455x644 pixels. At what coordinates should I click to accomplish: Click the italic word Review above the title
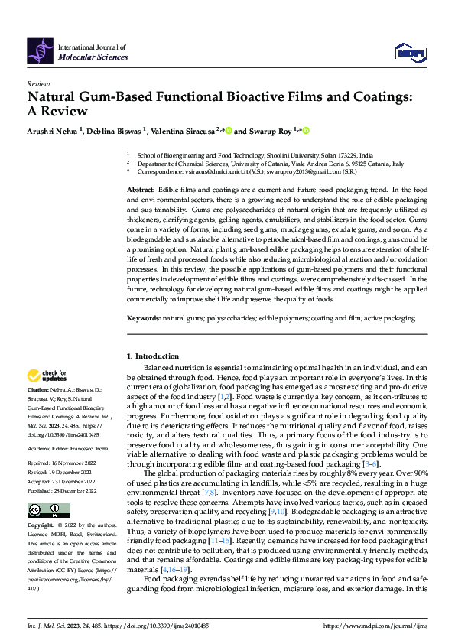(x=38, y=83)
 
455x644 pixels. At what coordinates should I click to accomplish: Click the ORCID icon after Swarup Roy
(x=306, y=131)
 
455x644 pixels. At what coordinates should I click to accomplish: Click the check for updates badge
(x=48, y=376)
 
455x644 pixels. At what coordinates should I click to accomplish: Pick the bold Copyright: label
(x=41, y=527)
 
